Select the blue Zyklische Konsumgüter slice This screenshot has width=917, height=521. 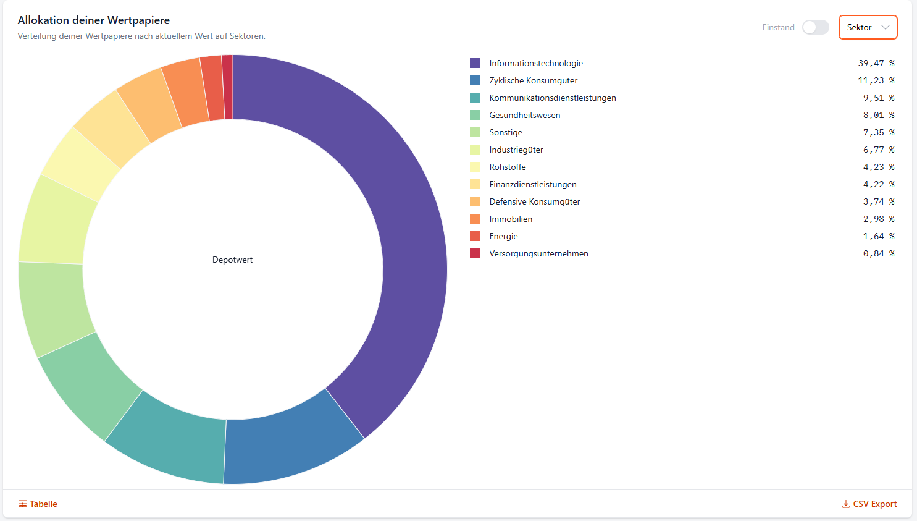[290, 445]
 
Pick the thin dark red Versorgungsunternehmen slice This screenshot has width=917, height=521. [228, 87]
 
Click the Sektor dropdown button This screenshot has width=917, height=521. [868, 27]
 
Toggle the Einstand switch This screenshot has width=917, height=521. [815, 27]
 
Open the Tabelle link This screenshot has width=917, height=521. [38, 504]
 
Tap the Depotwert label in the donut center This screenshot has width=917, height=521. [232, 260]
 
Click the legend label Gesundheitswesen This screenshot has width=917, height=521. [525, 115]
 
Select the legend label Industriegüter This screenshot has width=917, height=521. [516, 150]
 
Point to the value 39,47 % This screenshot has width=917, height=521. [876, 63]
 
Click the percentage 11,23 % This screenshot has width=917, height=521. [876, 80]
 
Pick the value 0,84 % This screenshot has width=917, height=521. [878, 253]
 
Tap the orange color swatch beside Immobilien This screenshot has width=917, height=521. [475, 219]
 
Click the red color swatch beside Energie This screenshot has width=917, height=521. [475, 236]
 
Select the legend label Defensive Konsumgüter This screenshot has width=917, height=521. [535, 201]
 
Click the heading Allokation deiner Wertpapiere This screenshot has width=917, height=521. [94, 20]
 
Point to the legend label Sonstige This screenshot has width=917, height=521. [506, 132]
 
